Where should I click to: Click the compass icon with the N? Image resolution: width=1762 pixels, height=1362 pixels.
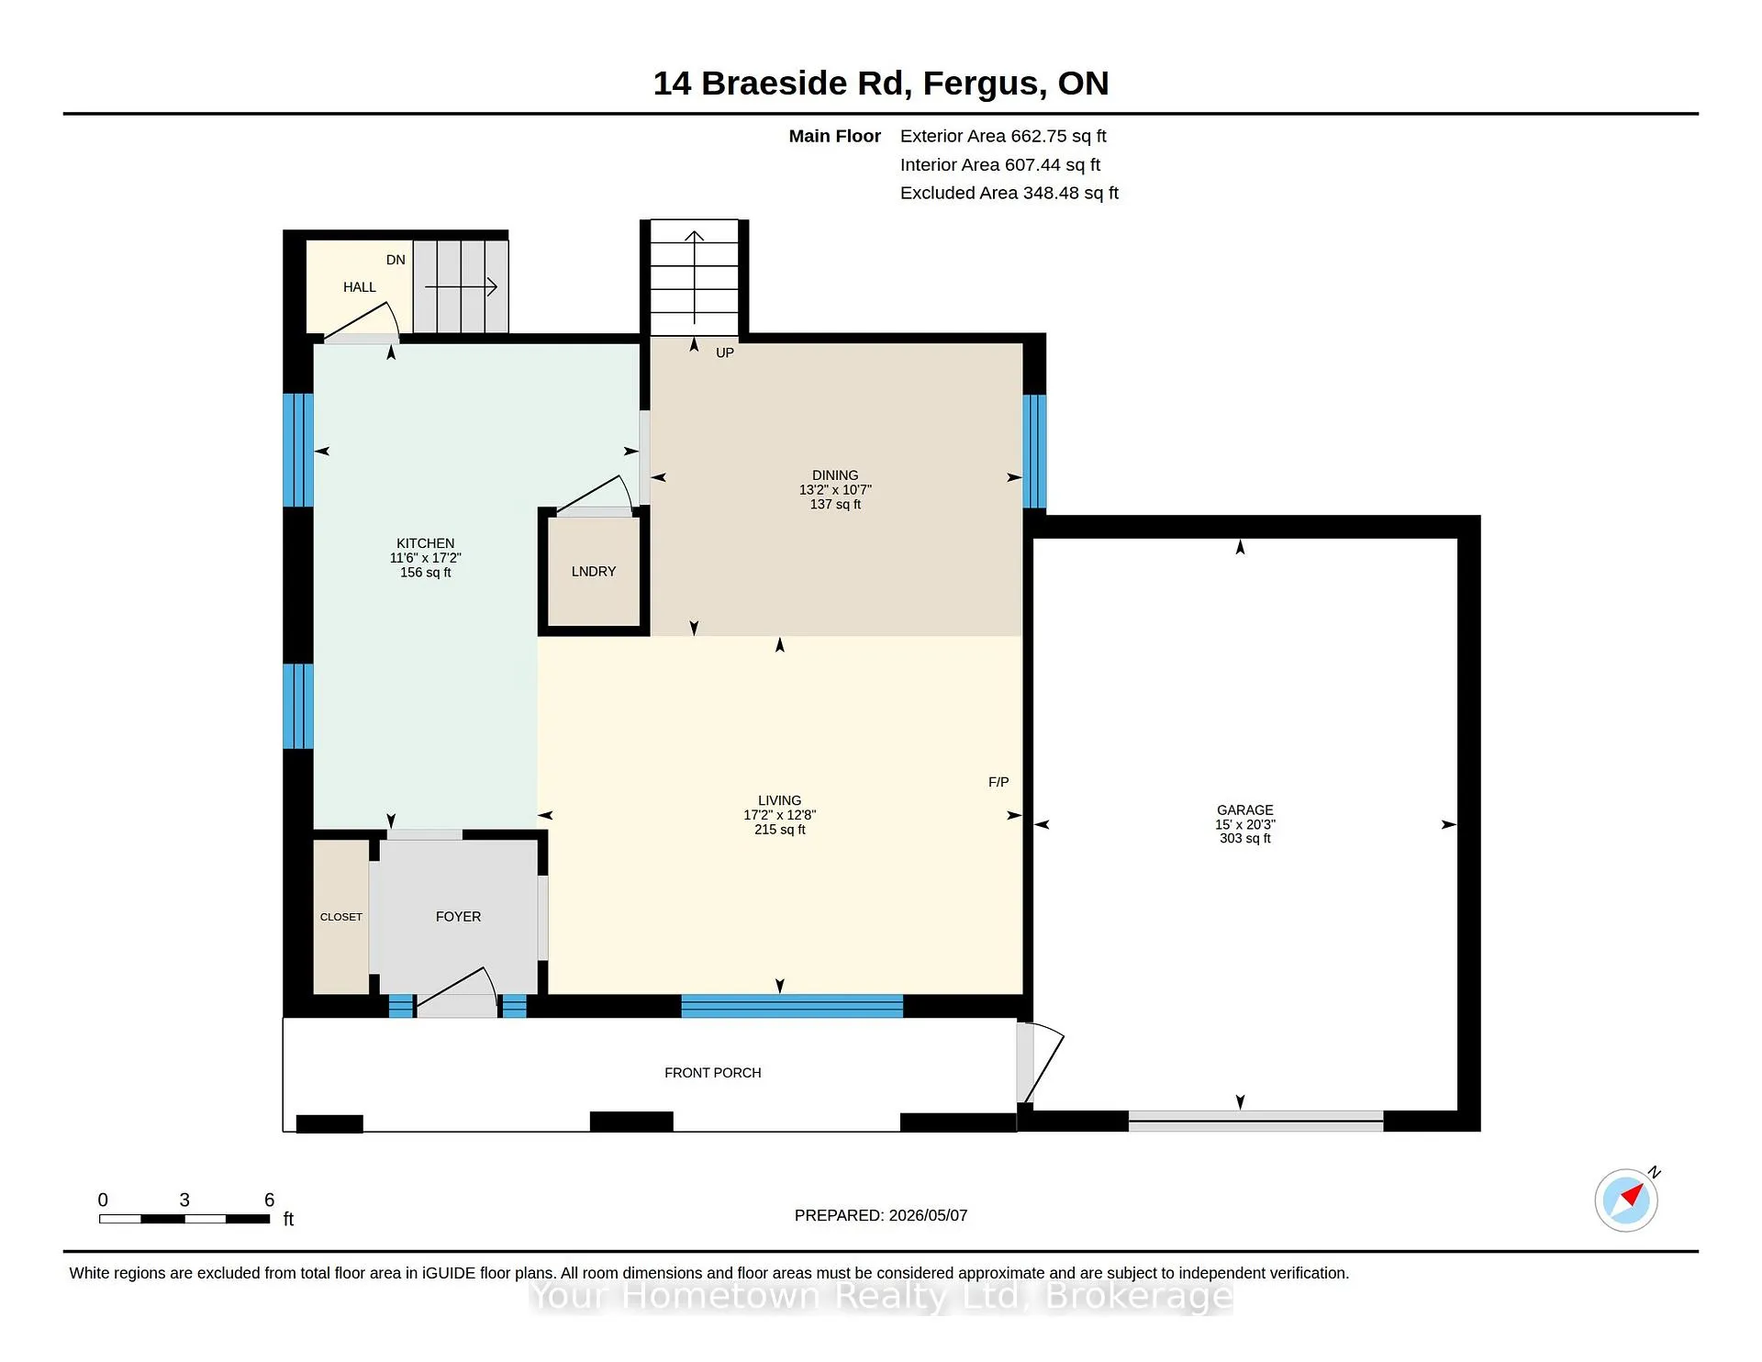(x=1626, y=1200)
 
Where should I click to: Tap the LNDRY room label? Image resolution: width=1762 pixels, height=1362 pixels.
(x=594, y=571)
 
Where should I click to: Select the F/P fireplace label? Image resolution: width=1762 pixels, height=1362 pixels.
(x=998, y=782)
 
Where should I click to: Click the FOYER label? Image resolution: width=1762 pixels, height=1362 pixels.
(x=458, y=916)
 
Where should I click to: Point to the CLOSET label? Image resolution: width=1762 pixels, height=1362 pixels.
(x=341, y=917)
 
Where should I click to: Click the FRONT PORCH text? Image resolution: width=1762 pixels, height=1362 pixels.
(x=713, y=1072)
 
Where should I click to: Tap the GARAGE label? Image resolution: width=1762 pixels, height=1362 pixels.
(x=1245, y=809)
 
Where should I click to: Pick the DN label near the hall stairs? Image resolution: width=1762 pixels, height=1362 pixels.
(x=396, y=260)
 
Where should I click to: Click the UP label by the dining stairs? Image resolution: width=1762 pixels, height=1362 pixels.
(x=725, y=352)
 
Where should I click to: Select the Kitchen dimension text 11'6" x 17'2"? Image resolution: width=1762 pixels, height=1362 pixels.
(x=426, y=558)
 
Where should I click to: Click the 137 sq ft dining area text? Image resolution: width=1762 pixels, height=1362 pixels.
(x=835, y=504)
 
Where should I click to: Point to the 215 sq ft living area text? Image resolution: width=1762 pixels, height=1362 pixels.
(x=780, y=829)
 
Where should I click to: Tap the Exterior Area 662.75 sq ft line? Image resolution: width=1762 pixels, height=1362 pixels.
(x=1003, y=136)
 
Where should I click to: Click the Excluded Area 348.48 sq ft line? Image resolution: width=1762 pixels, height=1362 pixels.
(x=1009, y=193)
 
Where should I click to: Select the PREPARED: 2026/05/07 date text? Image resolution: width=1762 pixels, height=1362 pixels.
(x=881, y=1215)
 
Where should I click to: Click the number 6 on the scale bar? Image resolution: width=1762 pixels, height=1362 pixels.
(x=269, y=1200)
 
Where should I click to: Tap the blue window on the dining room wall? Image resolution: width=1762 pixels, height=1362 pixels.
(x=1034, y=452)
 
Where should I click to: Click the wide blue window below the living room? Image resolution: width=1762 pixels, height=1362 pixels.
(x=792, y=1006)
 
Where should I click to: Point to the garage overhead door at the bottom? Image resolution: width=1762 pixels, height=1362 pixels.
(x=1255, y=1121)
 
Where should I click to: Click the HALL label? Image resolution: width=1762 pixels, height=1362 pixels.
(x=360, y=287)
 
